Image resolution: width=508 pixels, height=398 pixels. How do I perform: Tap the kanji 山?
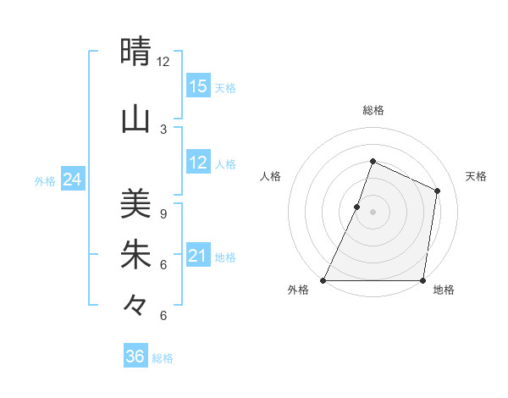[135, 119]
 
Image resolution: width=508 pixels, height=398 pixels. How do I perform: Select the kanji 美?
[135, 204]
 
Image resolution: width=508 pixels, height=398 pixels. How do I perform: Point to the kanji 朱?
[135, 255]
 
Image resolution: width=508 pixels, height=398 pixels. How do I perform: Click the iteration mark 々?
[135, 304]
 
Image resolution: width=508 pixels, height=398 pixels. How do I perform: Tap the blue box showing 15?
[198, 86]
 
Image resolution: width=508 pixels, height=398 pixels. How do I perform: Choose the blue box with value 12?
[198, 163]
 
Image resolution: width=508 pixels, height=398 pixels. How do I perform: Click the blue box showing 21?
[198, 256]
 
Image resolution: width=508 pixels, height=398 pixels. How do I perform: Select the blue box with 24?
[72, 180]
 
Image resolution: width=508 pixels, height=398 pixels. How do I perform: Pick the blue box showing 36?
[135, 357]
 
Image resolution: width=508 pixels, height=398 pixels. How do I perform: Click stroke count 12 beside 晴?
[163, 62]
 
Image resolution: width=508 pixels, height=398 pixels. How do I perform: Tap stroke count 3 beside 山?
[163, 129]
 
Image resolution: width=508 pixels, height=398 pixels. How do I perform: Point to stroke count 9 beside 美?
[163, 214]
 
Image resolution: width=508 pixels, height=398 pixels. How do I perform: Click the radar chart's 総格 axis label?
[373, 110]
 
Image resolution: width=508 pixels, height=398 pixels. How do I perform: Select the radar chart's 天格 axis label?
[476, 176]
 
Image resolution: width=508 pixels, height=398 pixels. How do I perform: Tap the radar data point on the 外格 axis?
[323, 280]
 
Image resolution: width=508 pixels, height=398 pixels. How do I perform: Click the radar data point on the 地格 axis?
[422, 280]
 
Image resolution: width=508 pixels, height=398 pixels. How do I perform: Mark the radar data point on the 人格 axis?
[357, 207]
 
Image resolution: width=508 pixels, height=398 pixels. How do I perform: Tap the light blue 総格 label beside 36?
[163, 358]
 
